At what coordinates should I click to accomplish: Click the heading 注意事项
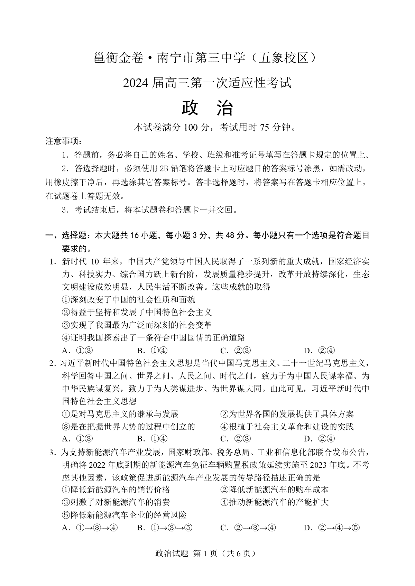click(x=64, y=141)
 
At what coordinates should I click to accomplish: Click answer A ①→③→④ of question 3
click(x=90, y=528)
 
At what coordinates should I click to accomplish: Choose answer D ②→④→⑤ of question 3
click(x=332, y=528)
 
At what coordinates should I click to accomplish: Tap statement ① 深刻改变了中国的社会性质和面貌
click(x=128, y=299)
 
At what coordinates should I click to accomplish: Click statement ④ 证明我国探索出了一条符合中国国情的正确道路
click(x=153, y=337)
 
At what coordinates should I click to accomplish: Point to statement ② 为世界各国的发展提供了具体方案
click(x=287, y=414)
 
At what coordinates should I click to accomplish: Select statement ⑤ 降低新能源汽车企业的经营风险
click(x=124, y=515)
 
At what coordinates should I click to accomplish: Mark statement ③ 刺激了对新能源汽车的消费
click(x=116, y=502)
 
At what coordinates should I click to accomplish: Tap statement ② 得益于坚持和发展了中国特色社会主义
click(x=137, y=312)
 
